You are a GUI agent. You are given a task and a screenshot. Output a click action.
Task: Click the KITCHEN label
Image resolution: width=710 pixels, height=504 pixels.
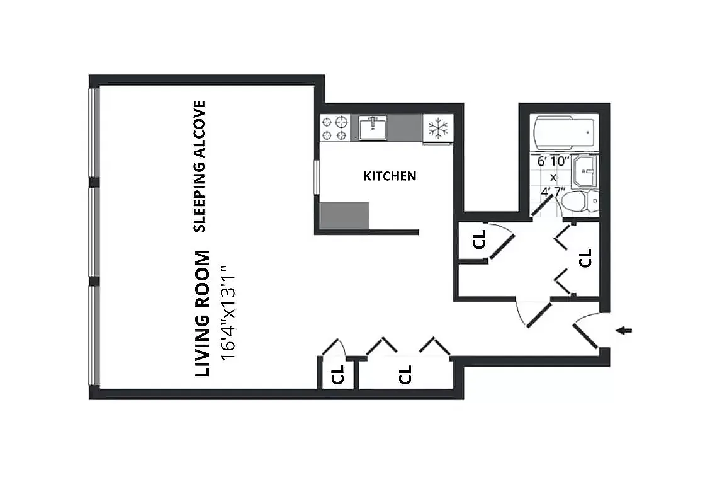(x=390, y=176)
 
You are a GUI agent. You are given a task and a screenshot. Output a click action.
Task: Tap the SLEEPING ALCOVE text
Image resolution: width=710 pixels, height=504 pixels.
(x=200, y=166)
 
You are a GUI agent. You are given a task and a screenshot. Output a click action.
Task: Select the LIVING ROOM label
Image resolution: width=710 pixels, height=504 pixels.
(x=203, y=313)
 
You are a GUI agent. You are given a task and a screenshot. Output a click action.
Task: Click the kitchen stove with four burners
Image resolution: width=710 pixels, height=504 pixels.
(x=335, y=128)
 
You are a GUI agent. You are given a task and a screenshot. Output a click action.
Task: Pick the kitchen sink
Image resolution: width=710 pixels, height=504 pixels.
(x=373, y=128)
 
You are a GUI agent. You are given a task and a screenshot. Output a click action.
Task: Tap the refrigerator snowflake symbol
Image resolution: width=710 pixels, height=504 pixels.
(x=438, y=128)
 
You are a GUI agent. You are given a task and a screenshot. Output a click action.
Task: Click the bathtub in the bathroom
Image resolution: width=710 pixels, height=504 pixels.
(x=564, y=132)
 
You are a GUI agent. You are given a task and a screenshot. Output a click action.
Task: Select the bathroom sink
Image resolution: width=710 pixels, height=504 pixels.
(x=585, y=172)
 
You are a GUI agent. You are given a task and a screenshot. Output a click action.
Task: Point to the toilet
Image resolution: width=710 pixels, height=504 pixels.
(x=580, y=200)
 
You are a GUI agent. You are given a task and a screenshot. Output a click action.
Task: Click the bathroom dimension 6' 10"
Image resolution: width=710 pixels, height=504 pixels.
(x=553, y=161)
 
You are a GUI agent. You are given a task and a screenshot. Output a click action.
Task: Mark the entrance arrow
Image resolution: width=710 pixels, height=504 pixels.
(x=624, y=330)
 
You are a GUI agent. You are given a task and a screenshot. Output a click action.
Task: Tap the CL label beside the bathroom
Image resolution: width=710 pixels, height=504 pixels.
(x=585, y=258)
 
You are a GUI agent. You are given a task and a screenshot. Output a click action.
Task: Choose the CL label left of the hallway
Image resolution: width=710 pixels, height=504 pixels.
(x=478, y=239)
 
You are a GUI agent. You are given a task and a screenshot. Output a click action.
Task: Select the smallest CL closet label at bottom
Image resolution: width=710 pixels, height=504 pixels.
(x=338, y=374)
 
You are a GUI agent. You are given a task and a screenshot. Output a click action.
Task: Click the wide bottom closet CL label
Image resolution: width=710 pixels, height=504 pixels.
(x=405, y=375)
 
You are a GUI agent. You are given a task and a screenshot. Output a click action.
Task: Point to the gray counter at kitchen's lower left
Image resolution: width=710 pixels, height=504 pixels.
(x=344, y=215)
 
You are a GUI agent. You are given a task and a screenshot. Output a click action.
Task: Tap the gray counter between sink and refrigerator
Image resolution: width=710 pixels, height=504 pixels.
(x=405, y=127)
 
